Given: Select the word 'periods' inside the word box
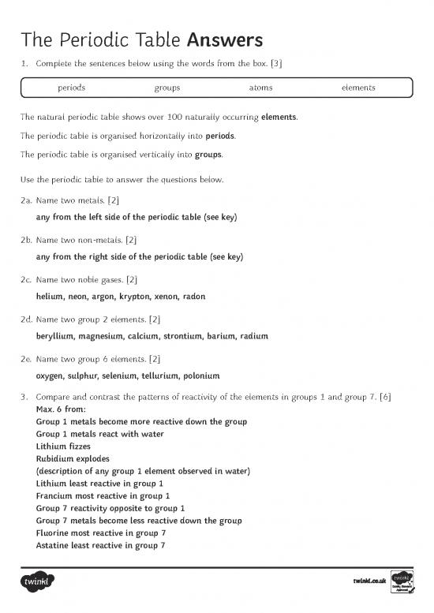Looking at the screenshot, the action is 72,88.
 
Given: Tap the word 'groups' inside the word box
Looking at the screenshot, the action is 166,88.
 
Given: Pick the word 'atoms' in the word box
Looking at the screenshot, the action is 260,88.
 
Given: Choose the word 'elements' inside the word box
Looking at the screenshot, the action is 358,88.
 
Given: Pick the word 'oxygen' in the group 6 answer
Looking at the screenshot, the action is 51,376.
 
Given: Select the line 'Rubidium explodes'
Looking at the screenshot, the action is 73,458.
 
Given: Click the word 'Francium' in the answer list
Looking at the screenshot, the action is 55,496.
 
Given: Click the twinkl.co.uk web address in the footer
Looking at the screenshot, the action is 369,582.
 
